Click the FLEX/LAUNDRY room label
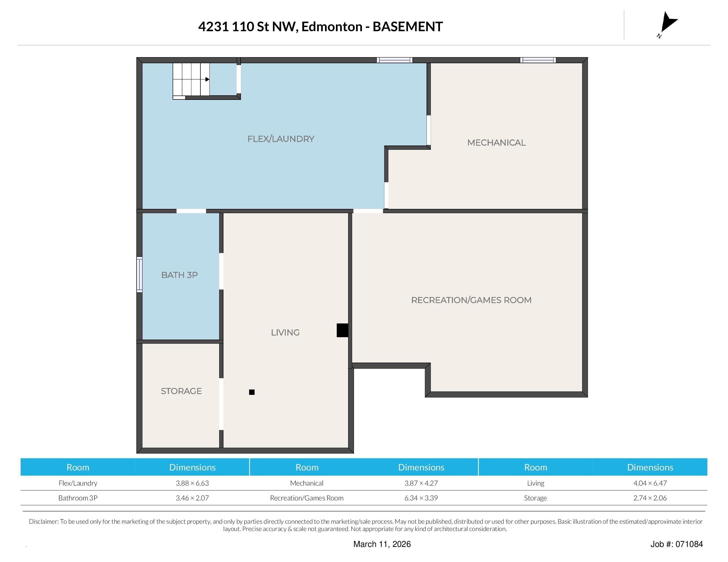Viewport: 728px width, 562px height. [281, 139]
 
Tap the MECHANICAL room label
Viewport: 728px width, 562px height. [496, 143]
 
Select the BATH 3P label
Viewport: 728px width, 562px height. [179, 275]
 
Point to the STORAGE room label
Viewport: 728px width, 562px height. [181, 391]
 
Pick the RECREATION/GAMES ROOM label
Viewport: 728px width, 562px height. [471, 300]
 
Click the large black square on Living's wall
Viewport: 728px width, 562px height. [342, 330]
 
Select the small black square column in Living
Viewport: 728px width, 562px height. [252, 392]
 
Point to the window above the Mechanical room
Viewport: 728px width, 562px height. [538, 60]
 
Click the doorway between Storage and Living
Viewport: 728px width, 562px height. [221, 404]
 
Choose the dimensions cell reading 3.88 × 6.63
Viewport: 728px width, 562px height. [192, 483]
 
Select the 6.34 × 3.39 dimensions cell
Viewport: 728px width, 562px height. [421, 498]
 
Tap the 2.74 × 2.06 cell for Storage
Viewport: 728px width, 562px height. [650, 498]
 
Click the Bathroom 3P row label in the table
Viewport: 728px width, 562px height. [78, 498]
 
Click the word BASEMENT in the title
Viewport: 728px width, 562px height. [407, 27]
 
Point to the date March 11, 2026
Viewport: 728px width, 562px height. [382, 544]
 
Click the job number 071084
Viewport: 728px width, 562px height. [689, 544]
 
